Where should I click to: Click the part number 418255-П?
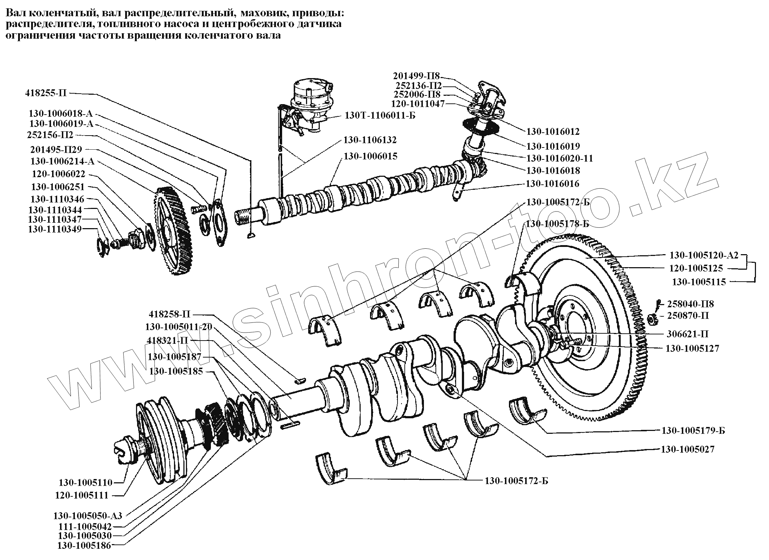point(46,93)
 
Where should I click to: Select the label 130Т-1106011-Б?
point(380,116)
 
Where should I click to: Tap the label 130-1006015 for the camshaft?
point(370,156)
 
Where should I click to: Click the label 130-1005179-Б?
point(693,431)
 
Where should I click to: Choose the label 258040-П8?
point(691,304)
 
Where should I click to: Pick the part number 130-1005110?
point(86,482)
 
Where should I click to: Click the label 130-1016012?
point(553,131)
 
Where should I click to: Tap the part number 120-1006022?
point(58,174)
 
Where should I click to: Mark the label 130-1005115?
point(699,282)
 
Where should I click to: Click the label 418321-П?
point(167,341)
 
